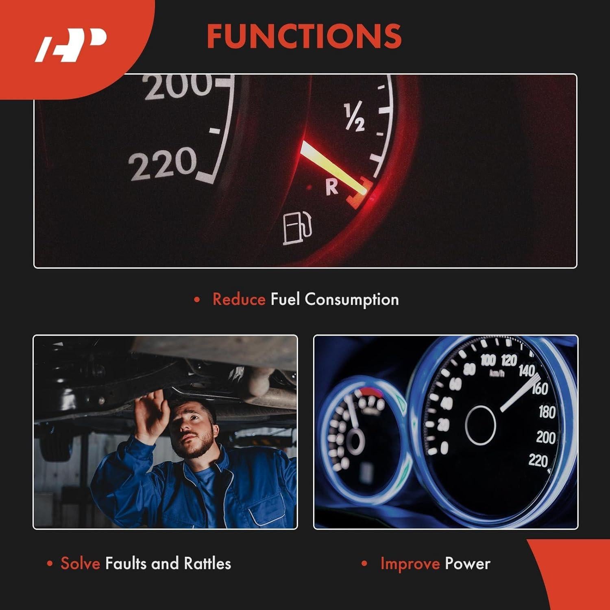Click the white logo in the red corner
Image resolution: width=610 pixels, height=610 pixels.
tap(71, 45)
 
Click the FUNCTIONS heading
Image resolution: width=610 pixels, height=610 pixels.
tap(304, 36)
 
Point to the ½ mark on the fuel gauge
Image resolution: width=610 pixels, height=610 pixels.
tap(354, 118)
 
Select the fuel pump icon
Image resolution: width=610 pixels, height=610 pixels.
tap(297, 228)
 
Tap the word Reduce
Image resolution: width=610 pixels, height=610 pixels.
tap(239, 299)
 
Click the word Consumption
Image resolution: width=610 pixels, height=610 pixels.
tap(352, 300)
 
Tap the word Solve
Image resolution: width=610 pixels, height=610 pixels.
tap(80, 564)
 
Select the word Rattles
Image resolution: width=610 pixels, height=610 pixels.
tap(207, 564)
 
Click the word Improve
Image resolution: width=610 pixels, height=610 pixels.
tap(410, 564)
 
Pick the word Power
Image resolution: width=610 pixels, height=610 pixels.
tap(467, 564)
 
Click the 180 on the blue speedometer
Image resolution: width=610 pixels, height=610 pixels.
tap(547, 412)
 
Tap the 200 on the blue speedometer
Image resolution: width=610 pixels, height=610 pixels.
tap(546, 437)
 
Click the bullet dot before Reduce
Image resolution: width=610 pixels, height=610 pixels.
tap(197, 300)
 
